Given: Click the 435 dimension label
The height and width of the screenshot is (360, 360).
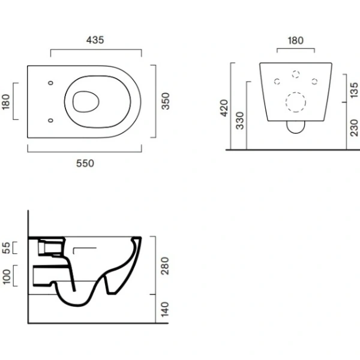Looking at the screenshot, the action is click(95, 40).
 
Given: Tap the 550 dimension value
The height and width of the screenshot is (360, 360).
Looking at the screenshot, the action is click(85, 163).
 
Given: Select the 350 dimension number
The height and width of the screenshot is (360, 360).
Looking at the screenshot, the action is click(166, 101).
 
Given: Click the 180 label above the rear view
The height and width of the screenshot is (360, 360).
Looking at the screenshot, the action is click(296, 41).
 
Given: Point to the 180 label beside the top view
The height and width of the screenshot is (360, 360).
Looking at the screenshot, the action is click(6, 101).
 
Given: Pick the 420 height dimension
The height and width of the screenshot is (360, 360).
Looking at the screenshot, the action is click(224, 108).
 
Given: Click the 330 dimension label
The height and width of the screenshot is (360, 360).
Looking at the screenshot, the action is click(239, 121).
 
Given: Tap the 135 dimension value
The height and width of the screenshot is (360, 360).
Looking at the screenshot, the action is click(355, 90).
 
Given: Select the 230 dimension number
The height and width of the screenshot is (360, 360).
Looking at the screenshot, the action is click(355, 128).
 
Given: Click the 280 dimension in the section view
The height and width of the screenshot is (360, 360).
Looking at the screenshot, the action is click(165, 266).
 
